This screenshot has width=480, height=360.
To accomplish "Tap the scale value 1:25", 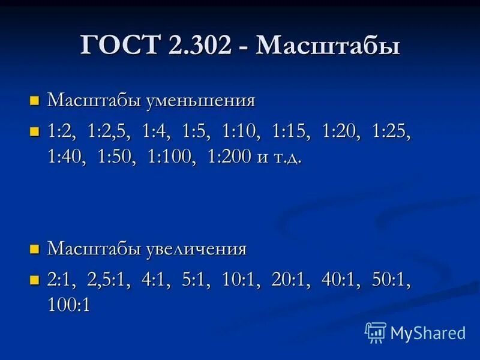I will click(x=391, y=131).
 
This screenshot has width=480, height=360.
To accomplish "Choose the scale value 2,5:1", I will click(x=109, y=280).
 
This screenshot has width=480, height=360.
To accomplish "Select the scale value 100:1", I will click(x=69, y=305).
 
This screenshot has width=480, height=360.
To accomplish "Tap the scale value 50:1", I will click(x=391, y=280).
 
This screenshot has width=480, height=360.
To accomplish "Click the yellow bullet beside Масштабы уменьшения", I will click(x=35, y=100).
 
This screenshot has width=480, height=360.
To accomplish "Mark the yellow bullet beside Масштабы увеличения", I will click(x=35, y=248).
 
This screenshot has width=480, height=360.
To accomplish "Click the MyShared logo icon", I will click(x=376, y=332).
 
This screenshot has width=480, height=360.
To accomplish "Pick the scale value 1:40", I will click(x=66, y=158).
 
